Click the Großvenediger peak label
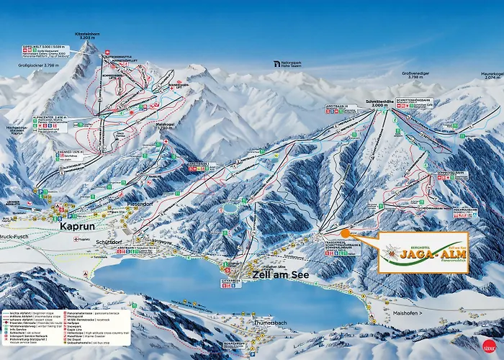421,75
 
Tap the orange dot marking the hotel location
346,233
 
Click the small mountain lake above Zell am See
230,207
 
